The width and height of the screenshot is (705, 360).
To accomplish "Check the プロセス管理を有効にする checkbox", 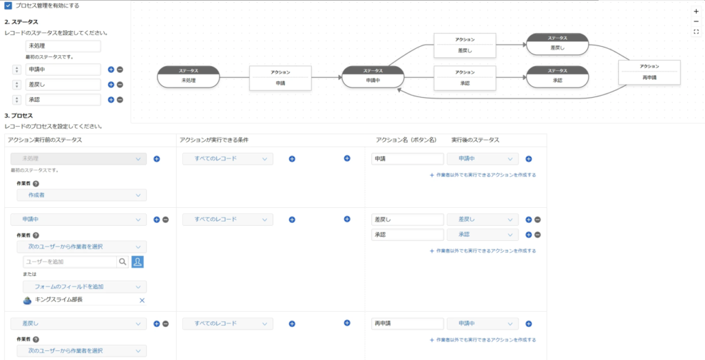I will (8, 6).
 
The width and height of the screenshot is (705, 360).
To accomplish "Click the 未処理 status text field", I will (63, 46).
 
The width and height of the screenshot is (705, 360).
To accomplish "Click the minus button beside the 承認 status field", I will (120, 100).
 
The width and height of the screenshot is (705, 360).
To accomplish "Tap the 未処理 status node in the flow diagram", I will (188, 76).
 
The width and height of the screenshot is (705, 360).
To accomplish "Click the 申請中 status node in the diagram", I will (372, 76).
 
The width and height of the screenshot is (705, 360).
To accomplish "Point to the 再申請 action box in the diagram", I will (649, 72).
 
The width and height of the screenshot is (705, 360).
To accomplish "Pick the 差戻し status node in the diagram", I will (557, 43).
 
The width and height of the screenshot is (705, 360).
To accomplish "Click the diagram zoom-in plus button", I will (696, 12).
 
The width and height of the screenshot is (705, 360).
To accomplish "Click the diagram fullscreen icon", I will (696, 32).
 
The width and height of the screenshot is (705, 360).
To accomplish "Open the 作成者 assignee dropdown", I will (82, 195).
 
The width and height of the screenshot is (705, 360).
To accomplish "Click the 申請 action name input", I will (407, 159).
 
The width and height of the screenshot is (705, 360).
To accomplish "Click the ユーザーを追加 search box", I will (69, 262).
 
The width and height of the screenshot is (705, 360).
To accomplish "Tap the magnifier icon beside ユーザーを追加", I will (123, 262).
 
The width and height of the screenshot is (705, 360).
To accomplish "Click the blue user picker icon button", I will (137, 262).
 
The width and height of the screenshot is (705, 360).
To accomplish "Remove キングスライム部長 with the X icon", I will (142, 300).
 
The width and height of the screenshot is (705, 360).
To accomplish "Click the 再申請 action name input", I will (407, 324).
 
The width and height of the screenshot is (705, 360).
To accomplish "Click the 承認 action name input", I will (407, 235).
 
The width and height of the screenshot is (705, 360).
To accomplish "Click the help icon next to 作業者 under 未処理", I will (35, 184).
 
